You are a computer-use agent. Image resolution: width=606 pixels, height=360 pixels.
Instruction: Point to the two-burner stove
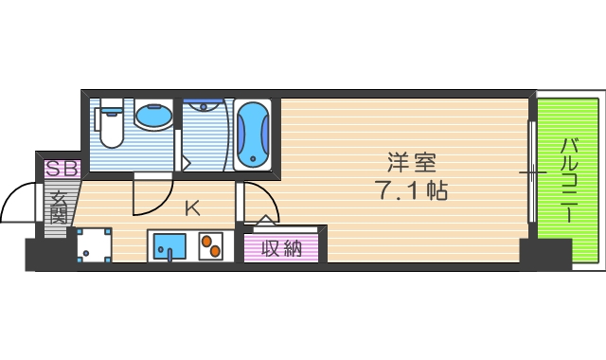pyautogui.click(x=210, y=247)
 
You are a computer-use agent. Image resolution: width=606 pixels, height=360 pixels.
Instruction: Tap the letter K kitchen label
pyautogui.click(x=191, y=207)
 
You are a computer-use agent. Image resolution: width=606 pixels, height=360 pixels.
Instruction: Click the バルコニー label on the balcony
pyautogui.click(x=569, y=180)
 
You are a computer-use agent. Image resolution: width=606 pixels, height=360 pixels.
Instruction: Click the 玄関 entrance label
pyautogui.click(x=59, y=208)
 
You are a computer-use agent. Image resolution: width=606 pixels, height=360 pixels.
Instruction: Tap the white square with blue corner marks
pyautogui.click(x=95, y=245)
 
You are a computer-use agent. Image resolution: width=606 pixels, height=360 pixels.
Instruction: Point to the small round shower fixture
pyautogui.click(x=201, y=106)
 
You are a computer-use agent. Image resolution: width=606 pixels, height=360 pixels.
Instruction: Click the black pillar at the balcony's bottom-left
pyautogui.click(x=545, y=253)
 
